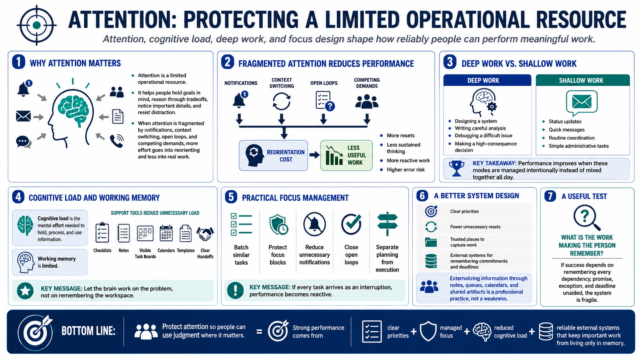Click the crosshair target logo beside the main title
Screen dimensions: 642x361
(36, 25)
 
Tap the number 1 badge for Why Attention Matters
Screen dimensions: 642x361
(19, 62)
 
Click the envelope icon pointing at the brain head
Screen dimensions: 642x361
(23, 117)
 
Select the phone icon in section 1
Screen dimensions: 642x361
(117, 141)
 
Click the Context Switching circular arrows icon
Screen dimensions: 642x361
(281, 102)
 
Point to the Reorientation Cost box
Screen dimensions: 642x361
(273, 155)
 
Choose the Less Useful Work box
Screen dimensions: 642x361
(346, 155)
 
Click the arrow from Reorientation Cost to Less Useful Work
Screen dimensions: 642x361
(314, 155)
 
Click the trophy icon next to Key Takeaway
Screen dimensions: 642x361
(457, 168)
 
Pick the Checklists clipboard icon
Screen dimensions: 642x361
(102, 233)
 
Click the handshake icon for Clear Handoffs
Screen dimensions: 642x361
(205, 234)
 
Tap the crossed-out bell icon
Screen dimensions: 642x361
(314, 224)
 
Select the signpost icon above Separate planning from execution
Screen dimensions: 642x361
(387, 224)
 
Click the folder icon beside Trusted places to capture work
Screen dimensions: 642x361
(431, 242)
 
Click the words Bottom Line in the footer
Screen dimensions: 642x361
(88, 331)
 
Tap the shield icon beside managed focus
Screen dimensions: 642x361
(428, 331)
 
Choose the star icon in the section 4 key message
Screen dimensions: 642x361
(25, 291)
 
